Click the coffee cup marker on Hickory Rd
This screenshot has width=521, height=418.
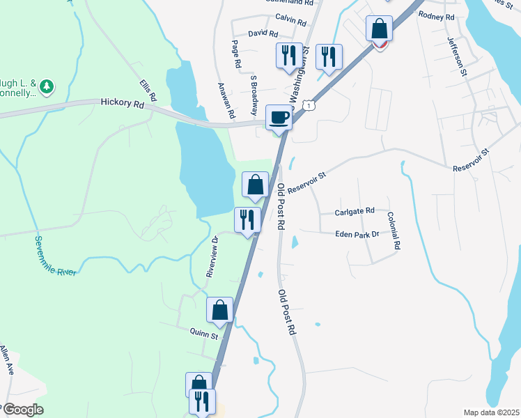(x=279, y=117)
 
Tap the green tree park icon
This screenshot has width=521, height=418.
(x=47, y=86)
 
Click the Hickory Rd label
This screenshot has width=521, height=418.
(x=122, y=102)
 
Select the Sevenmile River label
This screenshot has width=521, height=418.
(x=55, y=256)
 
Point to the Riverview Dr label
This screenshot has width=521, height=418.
(x=212, y=257)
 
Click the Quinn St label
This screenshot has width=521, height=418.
(x=205, y=335)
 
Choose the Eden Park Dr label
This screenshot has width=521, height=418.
(x=357, y=234)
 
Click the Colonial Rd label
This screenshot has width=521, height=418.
(x=394, y=231)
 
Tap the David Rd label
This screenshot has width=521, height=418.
(x=263, y=33)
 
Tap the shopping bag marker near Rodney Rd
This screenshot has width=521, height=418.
(x=380, y=30)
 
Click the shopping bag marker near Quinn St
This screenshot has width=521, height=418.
(x=220, y=309)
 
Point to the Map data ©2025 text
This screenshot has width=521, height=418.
(x=491, y=412)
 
